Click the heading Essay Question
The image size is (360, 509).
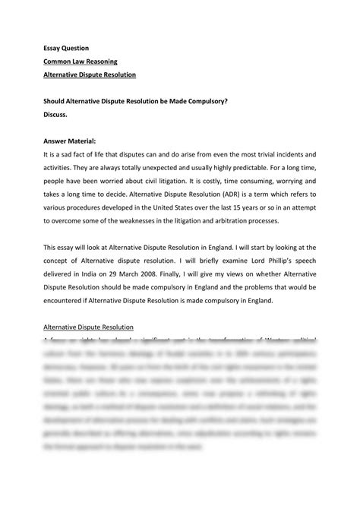pyautogui.click(x=68, y=48)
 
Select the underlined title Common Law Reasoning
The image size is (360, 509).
pyautogui.click(x=82, y=62)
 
